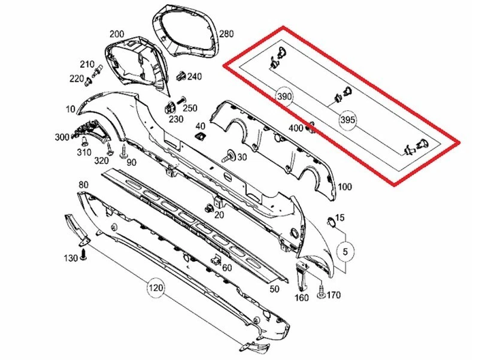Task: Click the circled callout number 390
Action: pyautogui.click(x=284, y=96)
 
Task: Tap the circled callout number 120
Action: pyautogui.click(x=156, y=289)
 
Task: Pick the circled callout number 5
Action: pyautogui.click(x=345, y=252)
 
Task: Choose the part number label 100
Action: pyautogui.click(x=345, y=187)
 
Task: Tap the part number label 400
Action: pyautogui.click(x=296, y=128)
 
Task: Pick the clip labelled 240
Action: pyautogui.click(x=180, y=76)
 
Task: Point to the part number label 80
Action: pyautogui.click(x=83, y=184)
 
